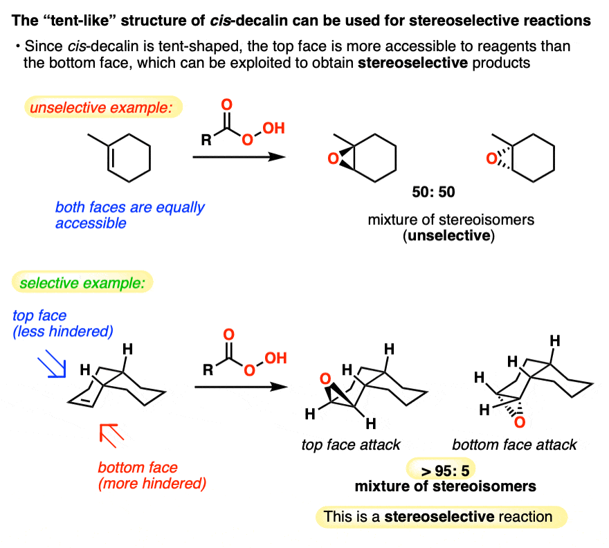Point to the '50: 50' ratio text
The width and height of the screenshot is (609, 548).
433,191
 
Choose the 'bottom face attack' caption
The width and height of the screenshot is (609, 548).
514,444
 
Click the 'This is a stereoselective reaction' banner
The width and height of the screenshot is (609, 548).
440,516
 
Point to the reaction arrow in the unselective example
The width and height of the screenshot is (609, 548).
239,157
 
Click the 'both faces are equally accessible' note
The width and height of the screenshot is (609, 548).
130,215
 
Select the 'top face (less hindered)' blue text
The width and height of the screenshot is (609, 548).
62,324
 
